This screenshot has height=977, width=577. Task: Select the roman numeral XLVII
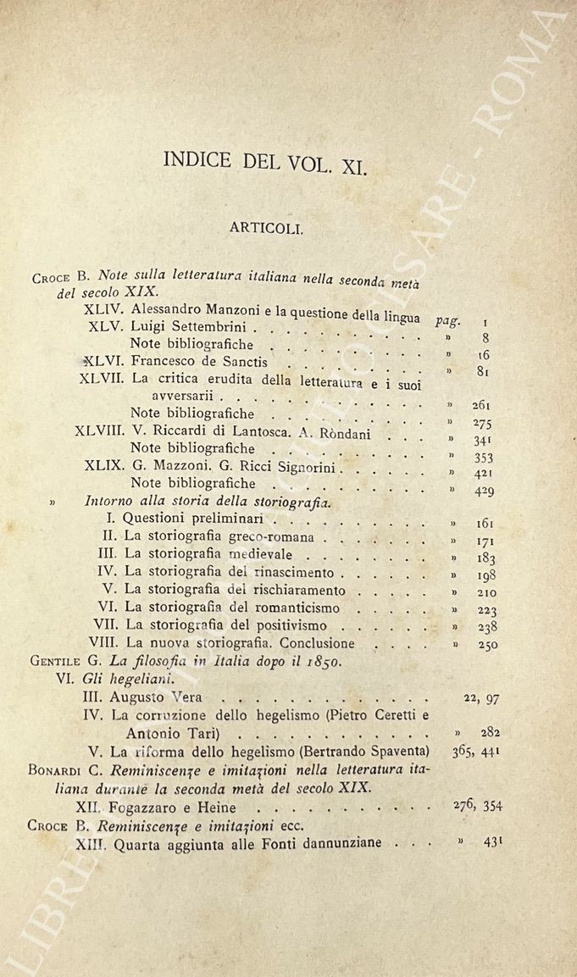click(103, 377)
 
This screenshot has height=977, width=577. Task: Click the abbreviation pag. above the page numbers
click(448, 320)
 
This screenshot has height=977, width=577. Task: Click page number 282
click(485, 732)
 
